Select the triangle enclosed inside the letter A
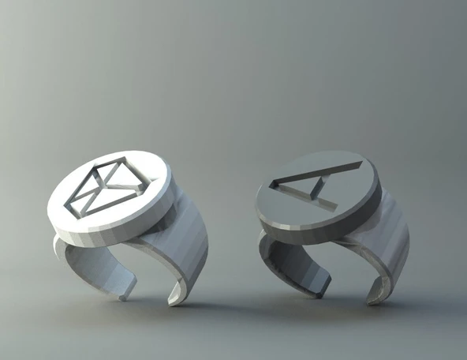tap(298, 182)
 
